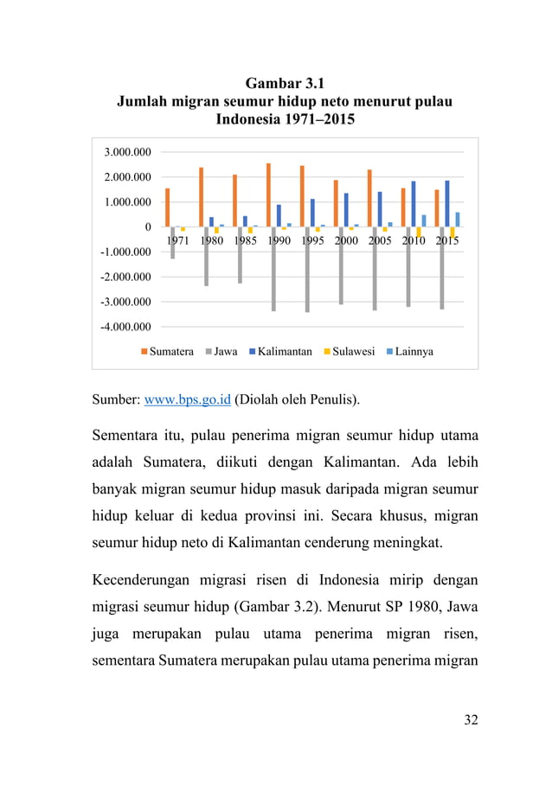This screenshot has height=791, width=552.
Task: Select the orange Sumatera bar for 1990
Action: pos(269,195)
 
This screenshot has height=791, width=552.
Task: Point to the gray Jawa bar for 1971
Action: pos(173,243)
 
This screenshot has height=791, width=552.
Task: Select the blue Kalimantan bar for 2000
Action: pos(346,209)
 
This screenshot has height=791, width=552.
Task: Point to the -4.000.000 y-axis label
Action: pos(124,327)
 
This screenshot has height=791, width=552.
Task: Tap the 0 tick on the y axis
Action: pos(148,227)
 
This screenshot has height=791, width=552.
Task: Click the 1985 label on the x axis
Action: pos(246,241)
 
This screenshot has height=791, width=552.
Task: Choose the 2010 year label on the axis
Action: pos(414,241)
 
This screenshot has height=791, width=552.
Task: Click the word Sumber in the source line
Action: pos(114,400)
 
